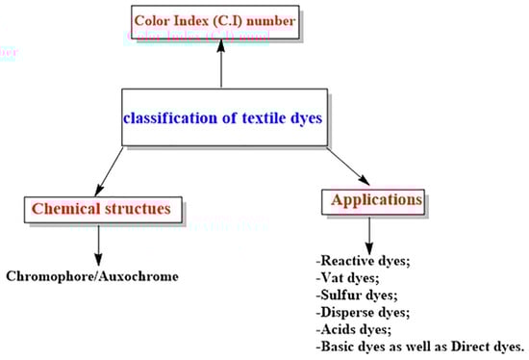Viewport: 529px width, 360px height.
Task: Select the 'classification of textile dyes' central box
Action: point(220,118)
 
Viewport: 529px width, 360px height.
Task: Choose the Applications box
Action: point(376,200)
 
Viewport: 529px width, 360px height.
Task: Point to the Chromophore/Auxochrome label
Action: point(92,276)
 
